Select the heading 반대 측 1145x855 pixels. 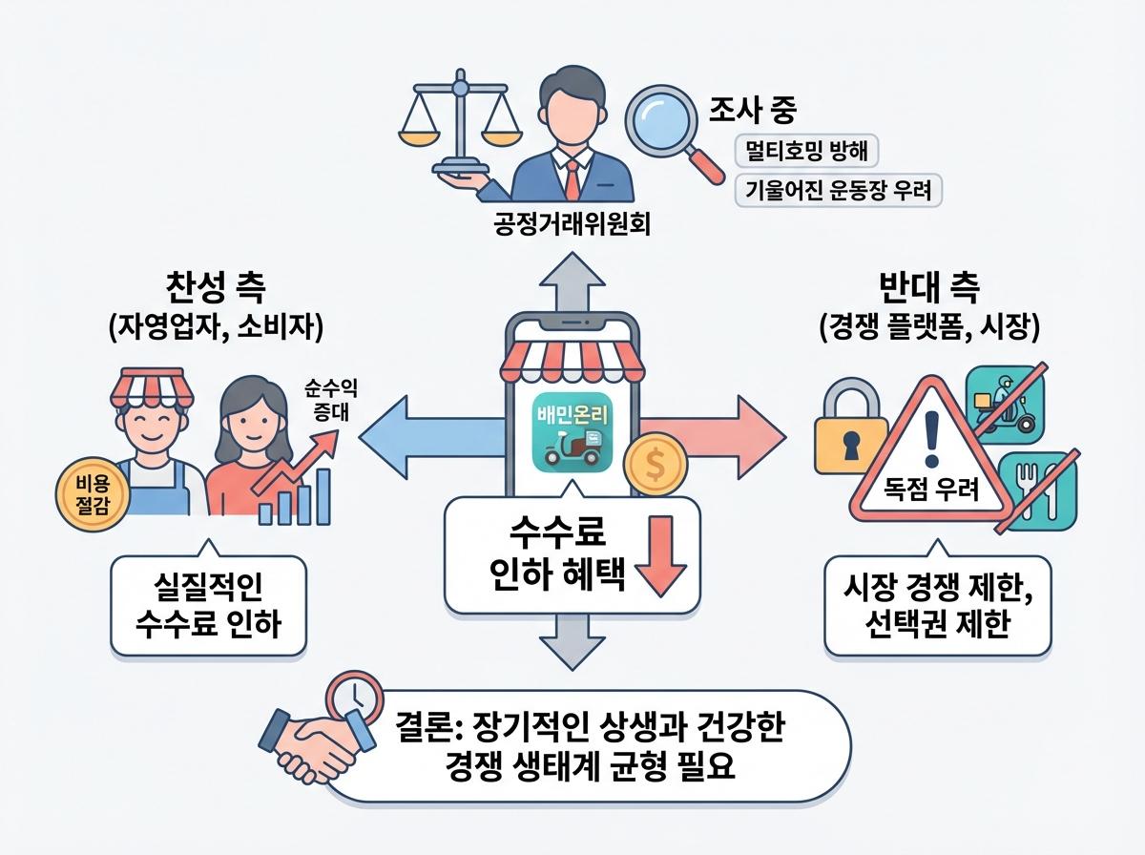tap(928, 287)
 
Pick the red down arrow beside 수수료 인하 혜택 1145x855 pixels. tap(659, 561)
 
